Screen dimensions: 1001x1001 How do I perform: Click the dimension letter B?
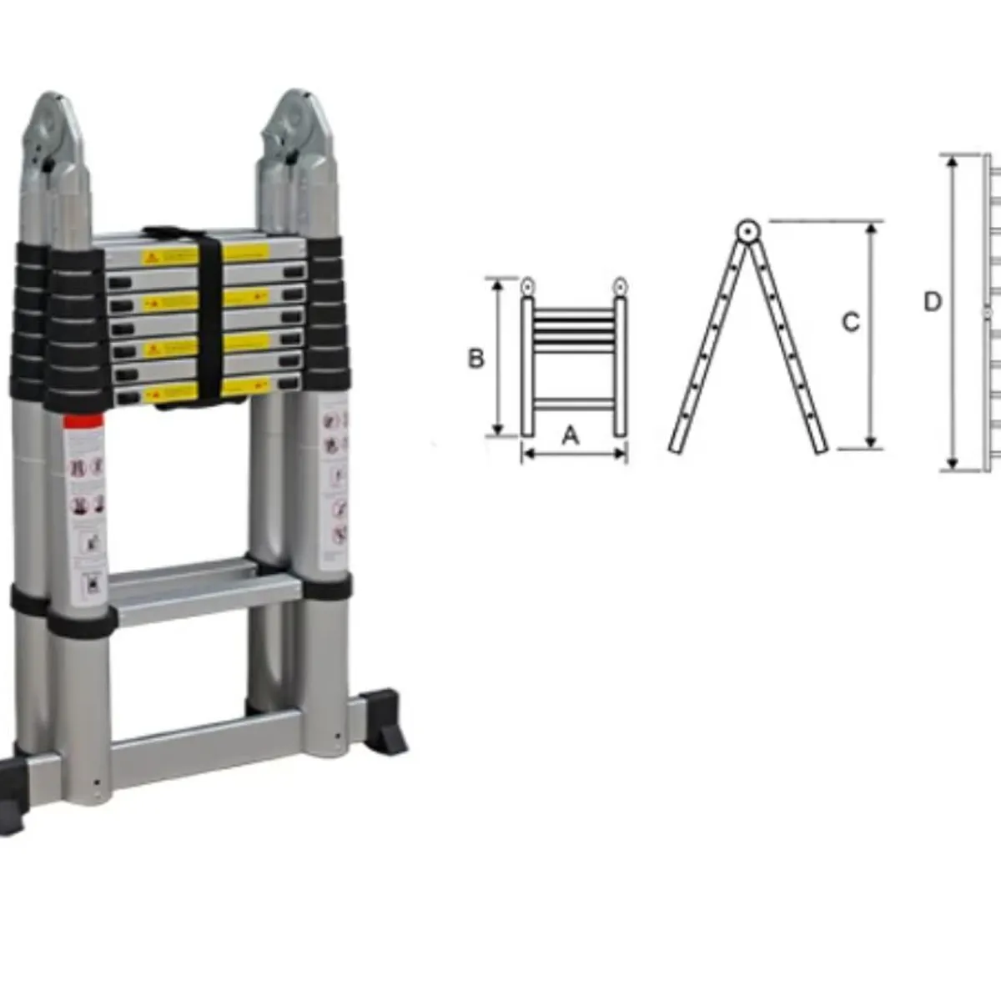pos(475,359)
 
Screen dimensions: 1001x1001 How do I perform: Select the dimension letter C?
pos(850,322)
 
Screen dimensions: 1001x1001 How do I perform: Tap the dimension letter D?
pos(933,301)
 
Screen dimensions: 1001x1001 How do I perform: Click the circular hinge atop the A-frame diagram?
pos(747,230)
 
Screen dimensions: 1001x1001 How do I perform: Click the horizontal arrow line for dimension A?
pos(574,455)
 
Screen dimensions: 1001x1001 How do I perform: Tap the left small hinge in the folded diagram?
pos(527,287)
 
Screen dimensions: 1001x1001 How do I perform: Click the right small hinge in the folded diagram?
pos(620,287)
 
